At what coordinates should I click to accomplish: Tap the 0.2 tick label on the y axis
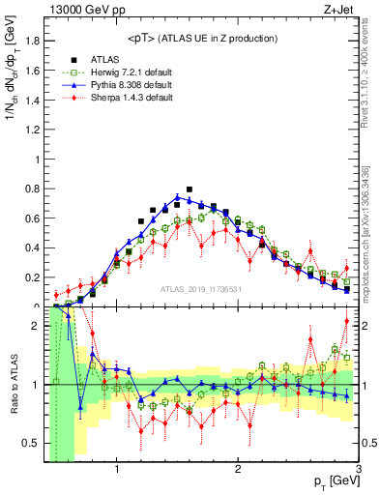[34, 277]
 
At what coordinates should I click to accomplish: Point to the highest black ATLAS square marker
[190, 189]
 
